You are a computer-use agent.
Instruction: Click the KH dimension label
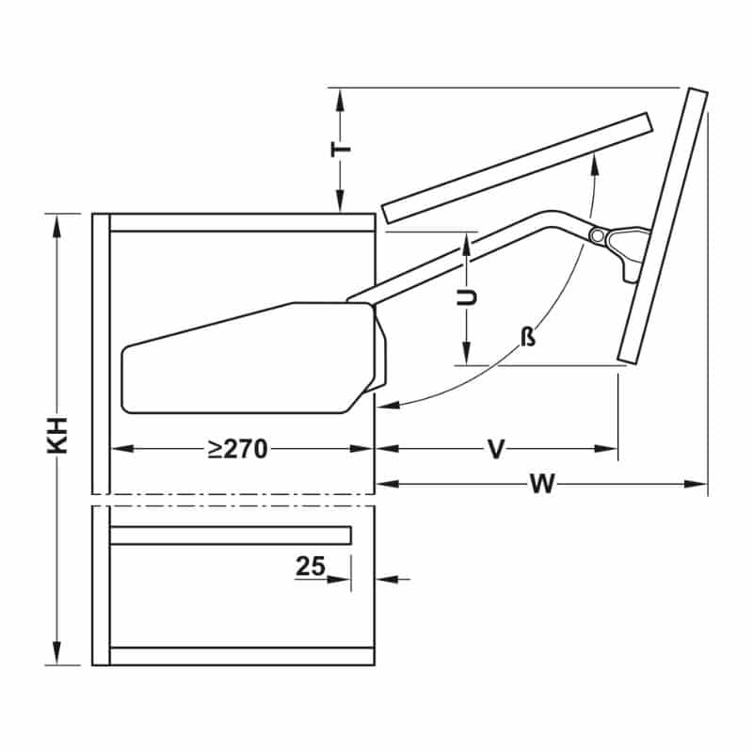point(57,436)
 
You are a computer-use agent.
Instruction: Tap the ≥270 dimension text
point(238,449)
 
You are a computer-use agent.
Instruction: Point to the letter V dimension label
point(496,449)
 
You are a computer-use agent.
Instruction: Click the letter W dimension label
point(541,484)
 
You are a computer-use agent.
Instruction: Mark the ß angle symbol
point(529,336)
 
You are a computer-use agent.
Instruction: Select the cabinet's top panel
point(243,223)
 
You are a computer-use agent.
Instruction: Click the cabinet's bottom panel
point(243,655)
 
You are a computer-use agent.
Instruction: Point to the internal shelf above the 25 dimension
point(231,536)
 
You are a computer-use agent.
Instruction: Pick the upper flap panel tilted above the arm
point(517,166)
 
